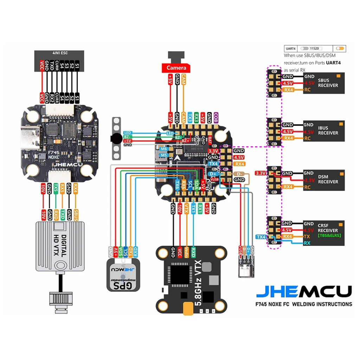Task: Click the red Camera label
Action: (x=176, y=67)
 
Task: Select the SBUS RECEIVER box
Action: (x=323, y=83)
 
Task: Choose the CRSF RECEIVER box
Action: (x=323, y=230)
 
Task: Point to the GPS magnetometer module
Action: (x=123, y=275)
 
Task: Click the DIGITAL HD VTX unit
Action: (x=60, y=246)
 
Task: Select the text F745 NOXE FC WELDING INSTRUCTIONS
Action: (x=304, y=304)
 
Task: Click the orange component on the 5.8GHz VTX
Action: (x=189, y=309)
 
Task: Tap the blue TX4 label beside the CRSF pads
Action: (x=261, y=237)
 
